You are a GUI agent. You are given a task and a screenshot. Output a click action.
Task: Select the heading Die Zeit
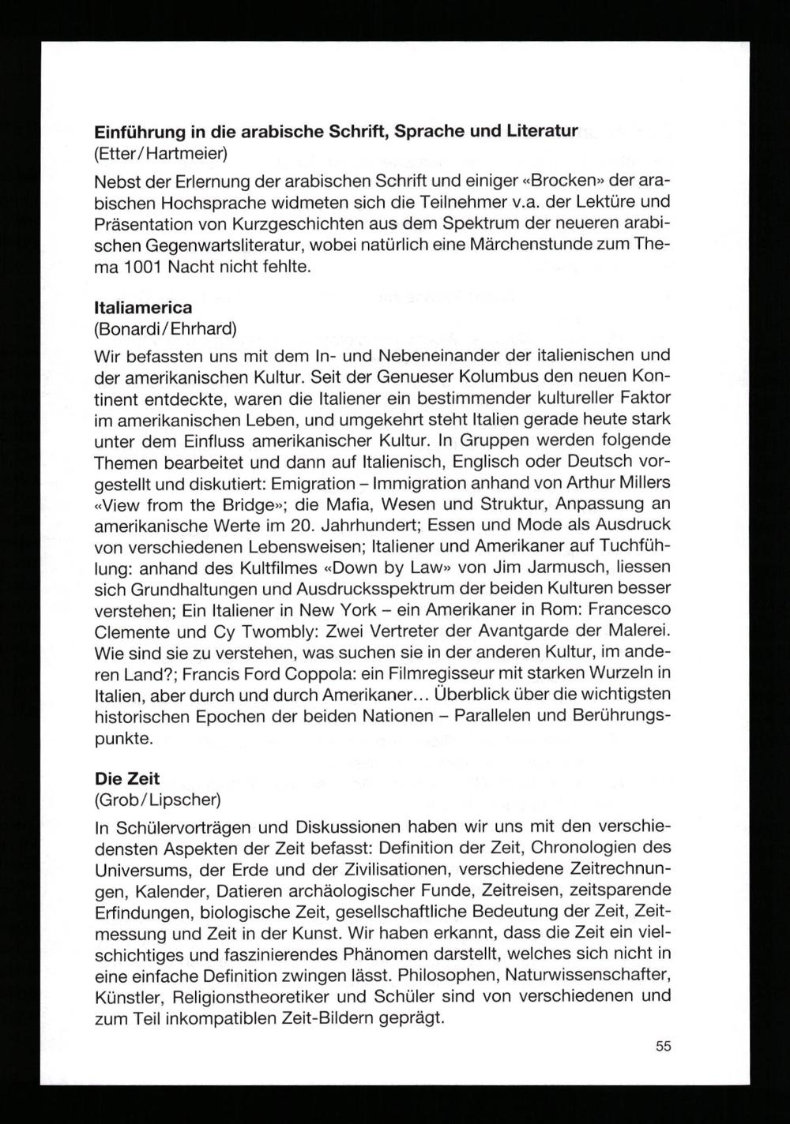click(126, 779)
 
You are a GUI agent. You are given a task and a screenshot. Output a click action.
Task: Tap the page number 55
click(663, 1047)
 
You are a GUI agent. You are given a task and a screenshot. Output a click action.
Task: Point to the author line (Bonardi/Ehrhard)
click(164, 327)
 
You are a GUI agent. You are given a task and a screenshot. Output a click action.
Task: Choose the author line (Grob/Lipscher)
click(157, 800)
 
